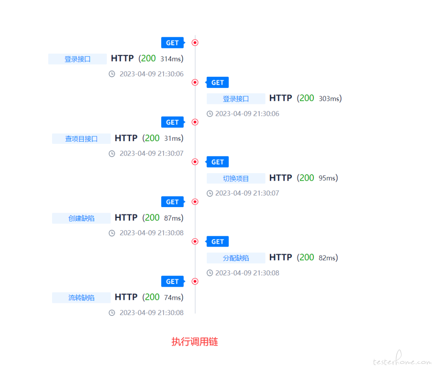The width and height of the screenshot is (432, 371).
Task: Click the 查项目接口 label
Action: coord(81,139)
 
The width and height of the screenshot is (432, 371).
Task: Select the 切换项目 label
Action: coord(236,178)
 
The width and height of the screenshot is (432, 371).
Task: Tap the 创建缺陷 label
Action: coord(81,218)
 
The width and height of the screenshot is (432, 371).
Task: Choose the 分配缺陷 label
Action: coord(236,258)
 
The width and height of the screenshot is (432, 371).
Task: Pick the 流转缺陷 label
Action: coord(81,297)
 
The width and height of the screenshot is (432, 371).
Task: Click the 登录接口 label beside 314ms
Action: coord(78,59)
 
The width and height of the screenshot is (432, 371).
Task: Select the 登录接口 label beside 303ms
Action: coord(236,99)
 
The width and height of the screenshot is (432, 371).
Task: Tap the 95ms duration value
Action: coord(327,178)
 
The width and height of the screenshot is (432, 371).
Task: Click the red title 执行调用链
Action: coord(195,341)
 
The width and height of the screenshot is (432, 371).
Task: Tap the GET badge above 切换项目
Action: coord(217,162)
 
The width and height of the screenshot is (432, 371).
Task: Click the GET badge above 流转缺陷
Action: coord(173,281)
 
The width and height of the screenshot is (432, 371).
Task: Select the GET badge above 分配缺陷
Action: coord(217,241)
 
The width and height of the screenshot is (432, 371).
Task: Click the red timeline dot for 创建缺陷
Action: coord(195,201)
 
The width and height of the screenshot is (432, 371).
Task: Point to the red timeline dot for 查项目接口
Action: coord(195,122)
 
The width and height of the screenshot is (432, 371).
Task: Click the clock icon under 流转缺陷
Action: coord(112,313)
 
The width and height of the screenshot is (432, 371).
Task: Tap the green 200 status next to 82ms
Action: coord(307,257)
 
